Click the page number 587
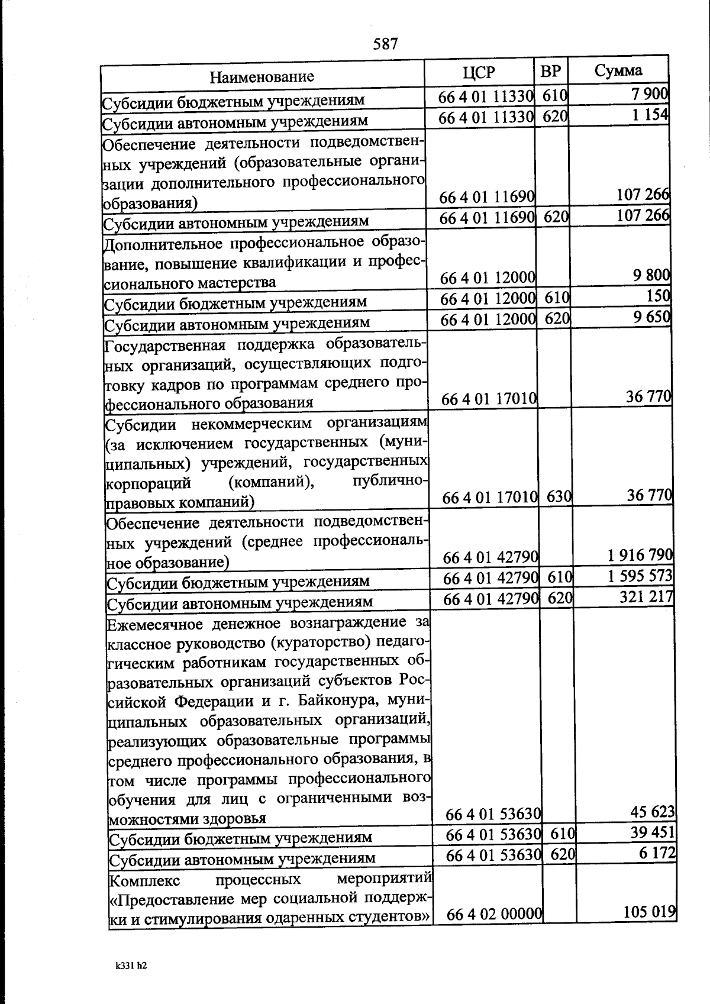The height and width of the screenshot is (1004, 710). (x=385, y=44)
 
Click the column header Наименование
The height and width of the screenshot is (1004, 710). (x=262, y=76)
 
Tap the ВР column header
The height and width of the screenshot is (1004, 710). (x=551, y=71)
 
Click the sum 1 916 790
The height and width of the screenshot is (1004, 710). (x=640, y=555)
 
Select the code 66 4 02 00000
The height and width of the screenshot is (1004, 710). (x=495, y=931)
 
